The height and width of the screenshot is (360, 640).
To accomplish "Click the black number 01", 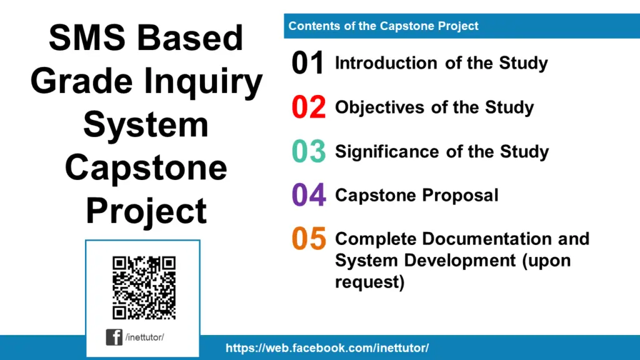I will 308,64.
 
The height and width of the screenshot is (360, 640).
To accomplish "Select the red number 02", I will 308,107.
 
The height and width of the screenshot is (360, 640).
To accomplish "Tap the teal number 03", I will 308,152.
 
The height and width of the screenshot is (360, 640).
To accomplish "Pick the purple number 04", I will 308,196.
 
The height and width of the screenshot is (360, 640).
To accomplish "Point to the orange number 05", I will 308,239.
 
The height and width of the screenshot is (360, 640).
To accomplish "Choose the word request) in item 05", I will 370,282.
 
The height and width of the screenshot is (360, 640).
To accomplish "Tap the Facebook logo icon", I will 114,337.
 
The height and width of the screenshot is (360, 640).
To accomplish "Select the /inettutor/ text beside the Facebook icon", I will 144,337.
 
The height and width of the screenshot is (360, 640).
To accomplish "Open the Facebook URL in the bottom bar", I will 327,348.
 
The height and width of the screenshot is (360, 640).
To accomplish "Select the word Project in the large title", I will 146,211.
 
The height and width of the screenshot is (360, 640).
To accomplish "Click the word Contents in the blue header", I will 311,26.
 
